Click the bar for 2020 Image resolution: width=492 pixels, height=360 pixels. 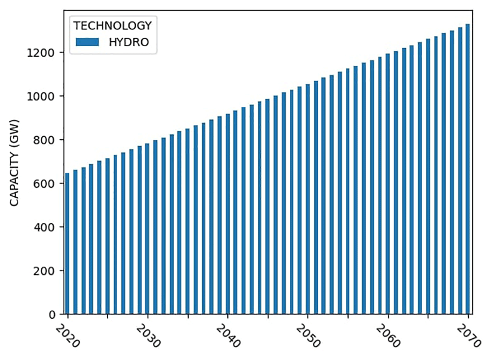point(67,243)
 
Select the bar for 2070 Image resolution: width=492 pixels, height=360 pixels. point(467,169)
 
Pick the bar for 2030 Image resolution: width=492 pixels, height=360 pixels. point(147,229)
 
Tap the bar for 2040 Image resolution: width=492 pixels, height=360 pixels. point(227,214)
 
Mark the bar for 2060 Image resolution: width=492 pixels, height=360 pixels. point(388,184)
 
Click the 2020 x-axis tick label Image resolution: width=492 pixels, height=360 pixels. point(68,336)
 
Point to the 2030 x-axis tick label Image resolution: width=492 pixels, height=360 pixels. point(148,336)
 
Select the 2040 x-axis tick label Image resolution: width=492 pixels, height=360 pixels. point(228,336)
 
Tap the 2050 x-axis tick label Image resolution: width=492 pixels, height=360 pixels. point(308,336)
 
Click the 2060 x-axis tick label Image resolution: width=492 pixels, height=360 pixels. point(388,336)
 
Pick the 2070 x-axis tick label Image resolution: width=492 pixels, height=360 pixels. point(468,336)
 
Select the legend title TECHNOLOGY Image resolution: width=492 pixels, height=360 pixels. point(113,26)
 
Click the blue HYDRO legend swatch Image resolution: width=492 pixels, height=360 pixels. point(87,42)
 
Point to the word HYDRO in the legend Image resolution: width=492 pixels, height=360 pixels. point(128,42)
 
